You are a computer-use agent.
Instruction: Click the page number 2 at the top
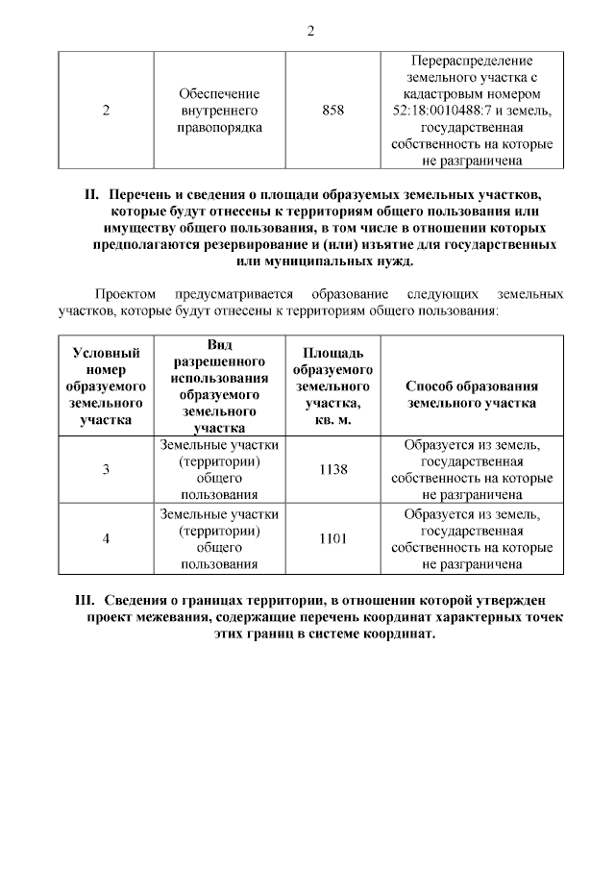click(310, 31)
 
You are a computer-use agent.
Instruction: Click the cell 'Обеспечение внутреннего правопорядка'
click(220, 112)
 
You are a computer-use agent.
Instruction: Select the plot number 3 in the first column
click(106, 469)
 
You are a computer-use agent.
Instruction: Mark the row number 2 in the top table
click(106, 112)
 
